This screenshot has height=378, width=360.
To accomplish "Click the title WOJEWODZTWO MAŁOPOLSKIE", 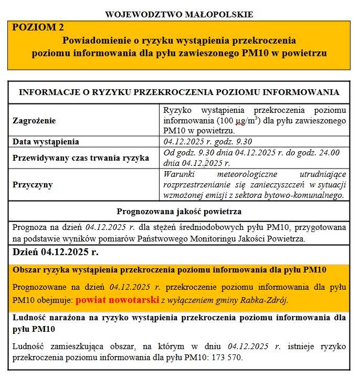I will (179, 14).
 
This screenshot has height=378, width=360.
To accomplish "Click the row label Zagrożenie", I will (34, 120).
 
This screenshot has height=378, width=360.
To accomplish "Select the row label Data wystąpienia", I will (46, 142).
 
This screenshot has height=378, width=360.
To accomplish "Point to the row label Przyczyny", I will (33, 185).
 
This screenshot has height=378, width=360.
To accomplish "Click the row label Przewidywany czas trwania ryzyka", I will (81, 157).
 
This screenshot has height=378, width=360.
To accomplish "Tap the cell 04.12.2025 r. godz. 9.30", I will (208, 142).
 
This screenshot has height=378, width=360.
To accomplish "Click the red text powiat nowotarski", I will (117, 300).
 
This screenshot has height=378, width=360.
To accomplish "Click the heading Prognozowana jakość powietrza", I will (179, 212).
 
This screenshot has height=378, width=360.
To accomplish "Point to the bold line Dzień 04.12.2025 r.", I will (56, 252).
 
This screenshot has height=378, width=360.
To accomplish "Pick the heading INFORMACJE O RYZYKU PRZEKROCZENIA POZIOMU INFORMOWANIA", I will (179, 92).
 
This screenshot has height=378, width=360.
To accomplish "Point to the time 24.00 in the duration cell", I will (329, 153).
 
